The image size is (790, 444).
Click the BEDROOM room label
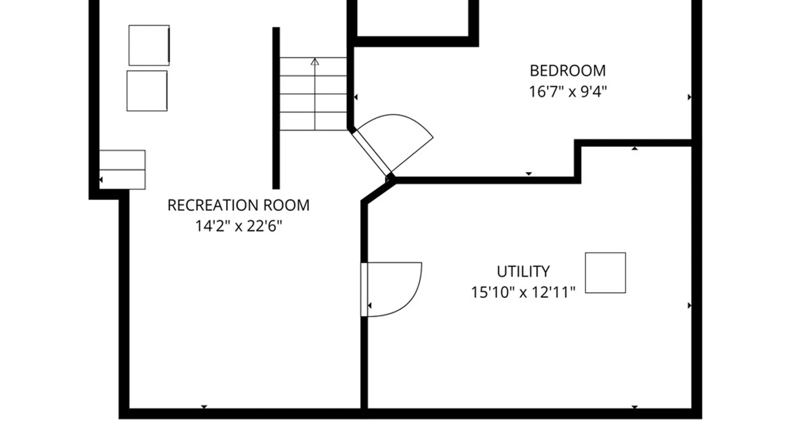(567, 71)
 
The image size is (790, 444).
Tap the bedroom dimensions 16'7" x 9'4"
(567, 91)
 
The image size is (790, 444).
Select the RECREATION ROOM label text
(238, 205)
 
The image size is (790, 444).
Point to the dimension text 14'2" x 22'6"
(238, 226)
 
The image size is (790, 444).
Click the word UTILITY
(523, 271)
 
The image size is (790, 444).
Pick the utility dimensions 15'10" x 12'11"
(523, 292)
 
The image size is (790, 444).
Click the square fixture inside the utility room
(605, 273)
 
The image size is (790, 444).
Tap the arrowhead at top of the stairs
(315, 62)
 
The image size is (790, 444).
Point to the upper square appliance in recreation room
(149, 45)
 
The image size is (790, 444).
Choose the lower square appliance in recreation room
(147, 91)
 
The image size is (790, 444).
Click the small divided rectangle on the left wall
(122, 169)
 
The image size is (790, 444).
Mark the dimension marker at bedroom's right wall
(689, 97)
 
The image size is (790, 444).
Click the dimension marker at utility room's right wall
(689, 305)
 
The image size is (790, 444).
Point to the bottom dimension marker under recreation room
(204, 407)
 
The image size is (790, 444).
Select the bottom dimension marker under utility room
(634, 407)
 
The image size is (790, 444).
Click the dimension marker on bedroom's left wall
(355, 97)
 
